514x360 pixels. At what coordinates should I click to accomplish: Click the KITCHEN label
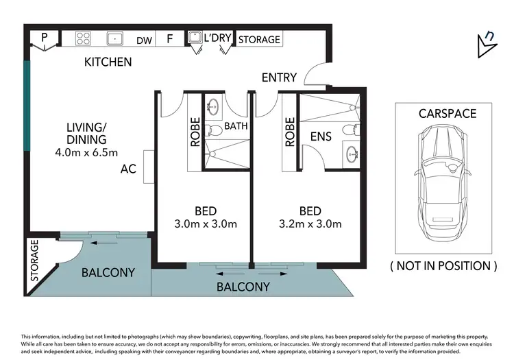(x=108, y=62)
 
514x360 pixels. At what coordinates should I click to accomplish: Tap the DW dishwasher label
(x=144, y=40)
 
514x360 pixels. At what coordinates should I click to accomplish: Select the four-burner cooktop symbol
(x=84, y=38)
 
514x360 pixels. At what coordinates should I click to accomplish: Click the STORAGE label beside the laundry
(x=259, y=40)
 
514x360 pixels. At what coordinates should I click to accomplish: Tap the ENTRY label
(x=279, y=77)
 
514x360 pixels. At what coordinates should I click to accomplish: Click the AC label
(x=128, y=168)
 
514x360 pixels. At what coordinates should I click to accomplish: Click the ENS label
(x=321, y=136)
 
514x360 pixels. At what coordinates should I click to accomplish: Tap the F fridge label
(x=169, y=39)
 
